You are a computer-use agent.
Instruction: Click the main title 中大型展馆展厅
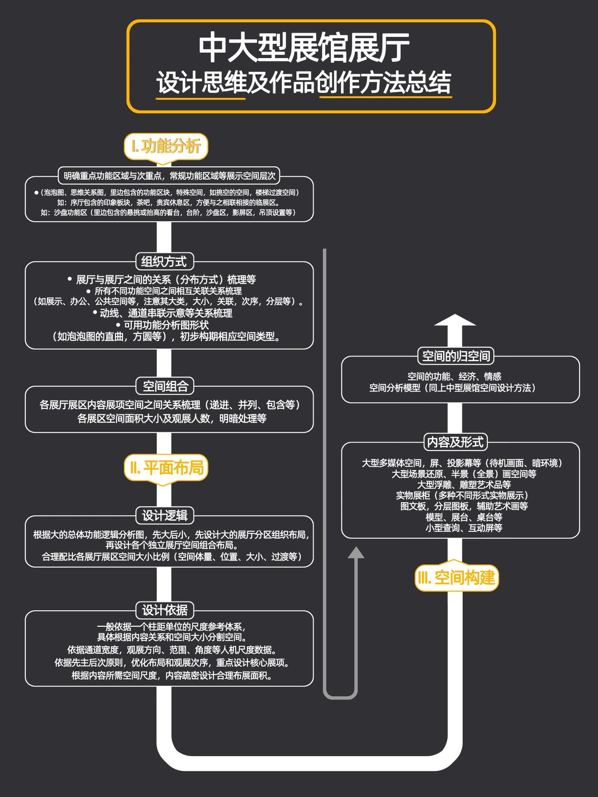pos(304,48)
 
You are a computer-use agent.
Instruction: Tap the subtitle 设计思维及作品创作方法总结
pos(304,82)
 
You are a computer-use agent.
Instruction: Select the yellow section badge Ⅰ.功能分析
pos(166,146)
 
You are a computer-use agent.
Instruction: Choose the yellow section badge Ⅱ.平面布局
pos(166,468)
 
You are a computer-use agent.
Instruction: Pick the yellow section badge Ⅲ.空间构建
pos(456,577)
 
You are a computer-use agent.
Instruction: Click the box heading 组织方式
pos(164,262)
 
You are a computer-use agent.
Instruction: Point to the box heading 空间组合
pos(165,386)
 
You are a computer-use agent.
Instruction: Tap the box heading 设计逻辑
pos(165,516)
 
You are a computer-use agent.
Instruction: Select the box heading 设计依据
pos(165,610)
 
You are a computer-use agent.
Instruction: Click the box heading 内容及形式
pos(456,442)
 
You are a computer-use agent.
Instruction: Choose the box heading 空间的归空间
pos(456,356)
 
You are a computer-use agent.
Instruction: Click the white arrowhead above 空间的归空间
pos(455,320)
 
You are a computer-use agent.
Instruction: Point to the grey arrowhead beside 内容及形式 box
pos(356,553)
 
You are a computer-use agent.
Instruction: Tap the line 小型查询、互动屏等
pos(464,528)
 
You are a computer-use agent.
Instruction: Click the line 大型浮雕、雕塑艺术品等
pos(464,484)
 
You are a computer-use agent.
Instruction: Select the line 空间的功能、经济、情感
pos(454,376)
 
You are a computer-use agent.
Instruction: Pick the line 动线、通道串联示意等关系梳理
pos(163,313)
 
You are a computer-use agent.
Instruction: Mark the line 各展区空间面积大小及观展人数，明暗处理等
pos(172,418)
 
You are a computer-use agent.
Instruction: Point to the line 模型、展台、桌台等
pos(464,517)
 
